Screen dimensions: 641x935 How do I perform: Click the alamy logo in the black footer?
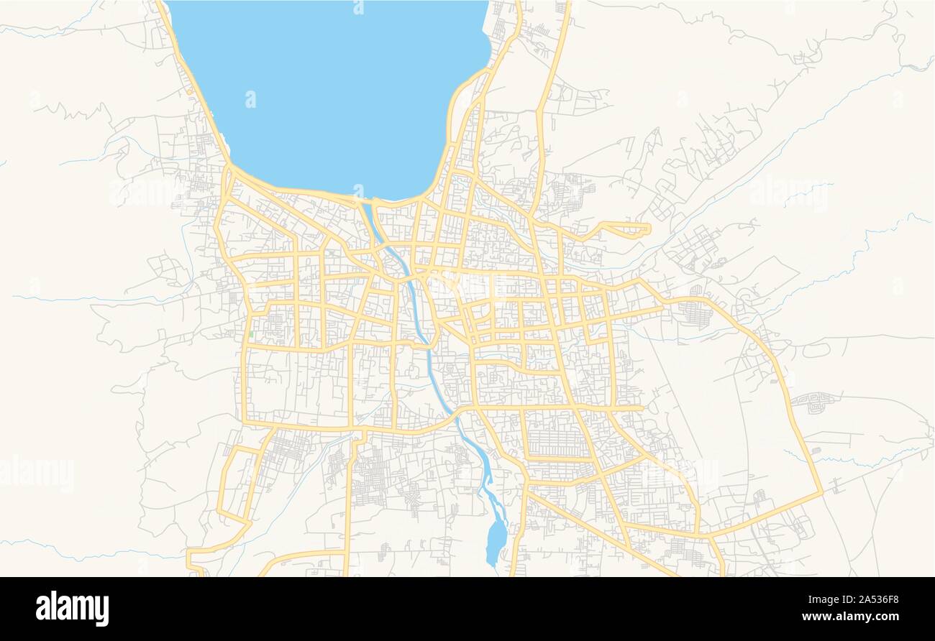72,608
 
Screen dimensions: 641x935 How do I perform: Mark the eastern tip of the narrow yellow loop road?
649,229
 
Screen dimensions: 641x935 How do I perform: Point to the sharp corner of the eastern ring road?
821,493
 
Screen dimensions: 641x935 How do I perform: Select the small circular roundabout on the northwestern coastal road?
189,91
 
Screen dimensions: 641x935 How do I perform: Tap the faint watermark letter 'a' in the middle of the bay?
250,98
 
